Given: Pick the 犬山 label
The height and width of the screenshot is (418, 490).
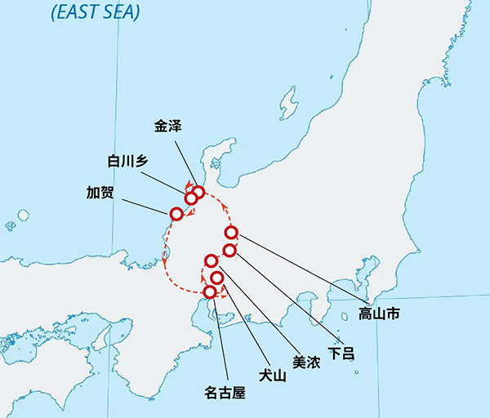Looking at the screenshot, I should (269, 376).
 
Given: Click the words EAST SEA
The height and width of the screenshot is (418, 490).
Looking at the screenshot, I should (95, 11).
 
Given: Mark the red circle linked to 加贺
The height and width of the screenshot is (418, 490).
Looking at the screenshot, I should (176, 214).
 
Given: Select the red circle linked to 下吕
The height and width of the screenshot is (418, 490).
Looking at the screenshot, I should (229, 249).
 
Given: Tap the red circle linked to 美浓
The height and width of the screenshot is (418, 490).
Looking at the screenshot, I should (211, 261).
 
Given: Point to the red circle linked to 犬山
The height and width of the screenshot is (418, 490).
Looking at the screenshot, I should (216, 278).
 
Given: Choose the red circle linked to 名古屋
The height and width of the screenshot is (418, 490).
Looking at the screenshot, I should (210, 291).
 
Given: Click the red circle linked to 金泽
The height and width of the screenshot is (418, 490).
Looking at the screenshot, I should (198, 193).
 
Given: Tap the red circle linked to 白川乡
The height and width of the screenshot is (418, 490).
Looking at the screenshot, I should (190, 198).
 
